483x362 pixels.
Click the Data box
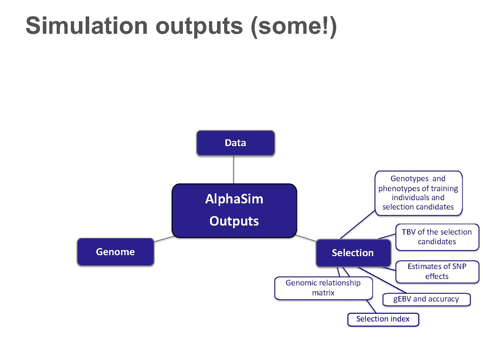tap(235, 143)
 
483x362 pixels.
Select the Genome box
tap(115, 252)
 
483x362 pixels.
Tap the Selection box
tap(353, 253)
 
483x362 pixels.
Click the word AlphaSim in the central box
tap(234, 199)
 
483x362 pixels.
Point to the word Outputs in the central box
tap(234, 221)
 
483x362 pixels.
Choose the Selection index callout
tap(383, 319)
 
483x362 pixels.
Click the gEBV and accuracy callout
tap(426, 299)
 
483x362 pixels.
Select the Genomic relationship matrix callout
tap(323, 288)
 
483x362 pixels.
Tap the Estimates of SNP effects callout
tap(437, 272)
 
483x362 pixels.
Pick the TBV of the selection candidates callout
tap(437, 237)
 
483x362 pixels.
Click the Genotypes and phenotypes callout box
tap(418, 193)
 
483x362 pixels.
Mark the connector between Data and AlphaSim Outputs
tap(233, 170)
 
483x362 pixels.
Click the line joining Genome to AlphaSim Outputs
tap(164, 239)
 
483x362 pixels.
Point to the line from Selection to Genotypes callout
tap(357, 225)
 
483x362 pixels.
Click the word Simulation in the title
tap(87, 26)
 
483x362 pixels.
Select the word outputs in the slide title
tap(199, 27)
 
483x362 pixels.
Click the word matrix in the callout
tap(323, 293)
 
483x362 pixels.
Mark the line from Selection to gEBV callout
tap(382, 280)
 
